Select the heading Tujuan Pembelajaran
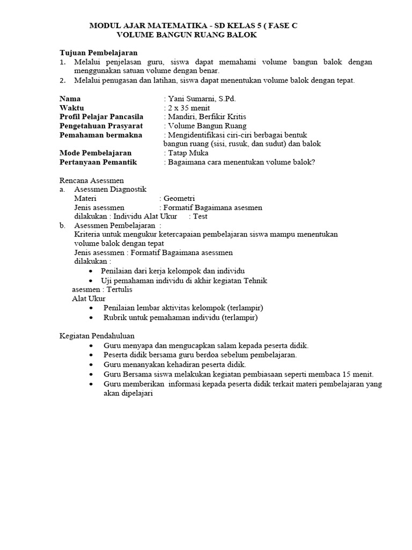[x=98, y=53]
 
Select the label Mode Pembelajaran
[x=95, y=153]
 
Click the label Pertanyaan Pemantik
[x=98, y=162]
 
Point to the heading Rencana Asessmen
[x=91, y=180]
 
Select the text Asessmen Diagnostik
[x=109, y=189]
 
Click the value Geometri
[x=179, y=198]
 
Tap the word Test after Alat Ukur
[x=200, y=216]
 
